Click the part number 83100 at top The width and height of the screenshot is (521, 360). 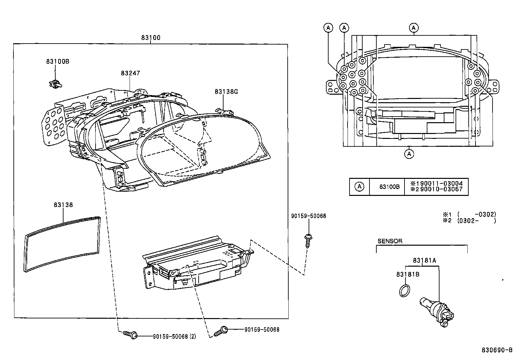(x=151, y=38)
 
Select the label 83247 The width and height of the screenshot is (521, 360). (x=130, y=73)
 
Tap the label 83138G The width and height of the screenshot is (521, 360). (x=226, y=91)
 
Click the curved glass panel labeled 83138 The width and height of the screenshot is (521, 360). (x=62, y=244)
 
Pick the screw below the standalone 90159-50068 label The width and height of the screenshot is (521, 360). (x=308, y=241)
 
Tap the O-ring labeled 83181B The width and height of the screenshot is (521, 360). (x=405, y=291)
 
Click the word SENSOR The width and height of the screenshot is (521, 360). (x=390, y=241)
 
